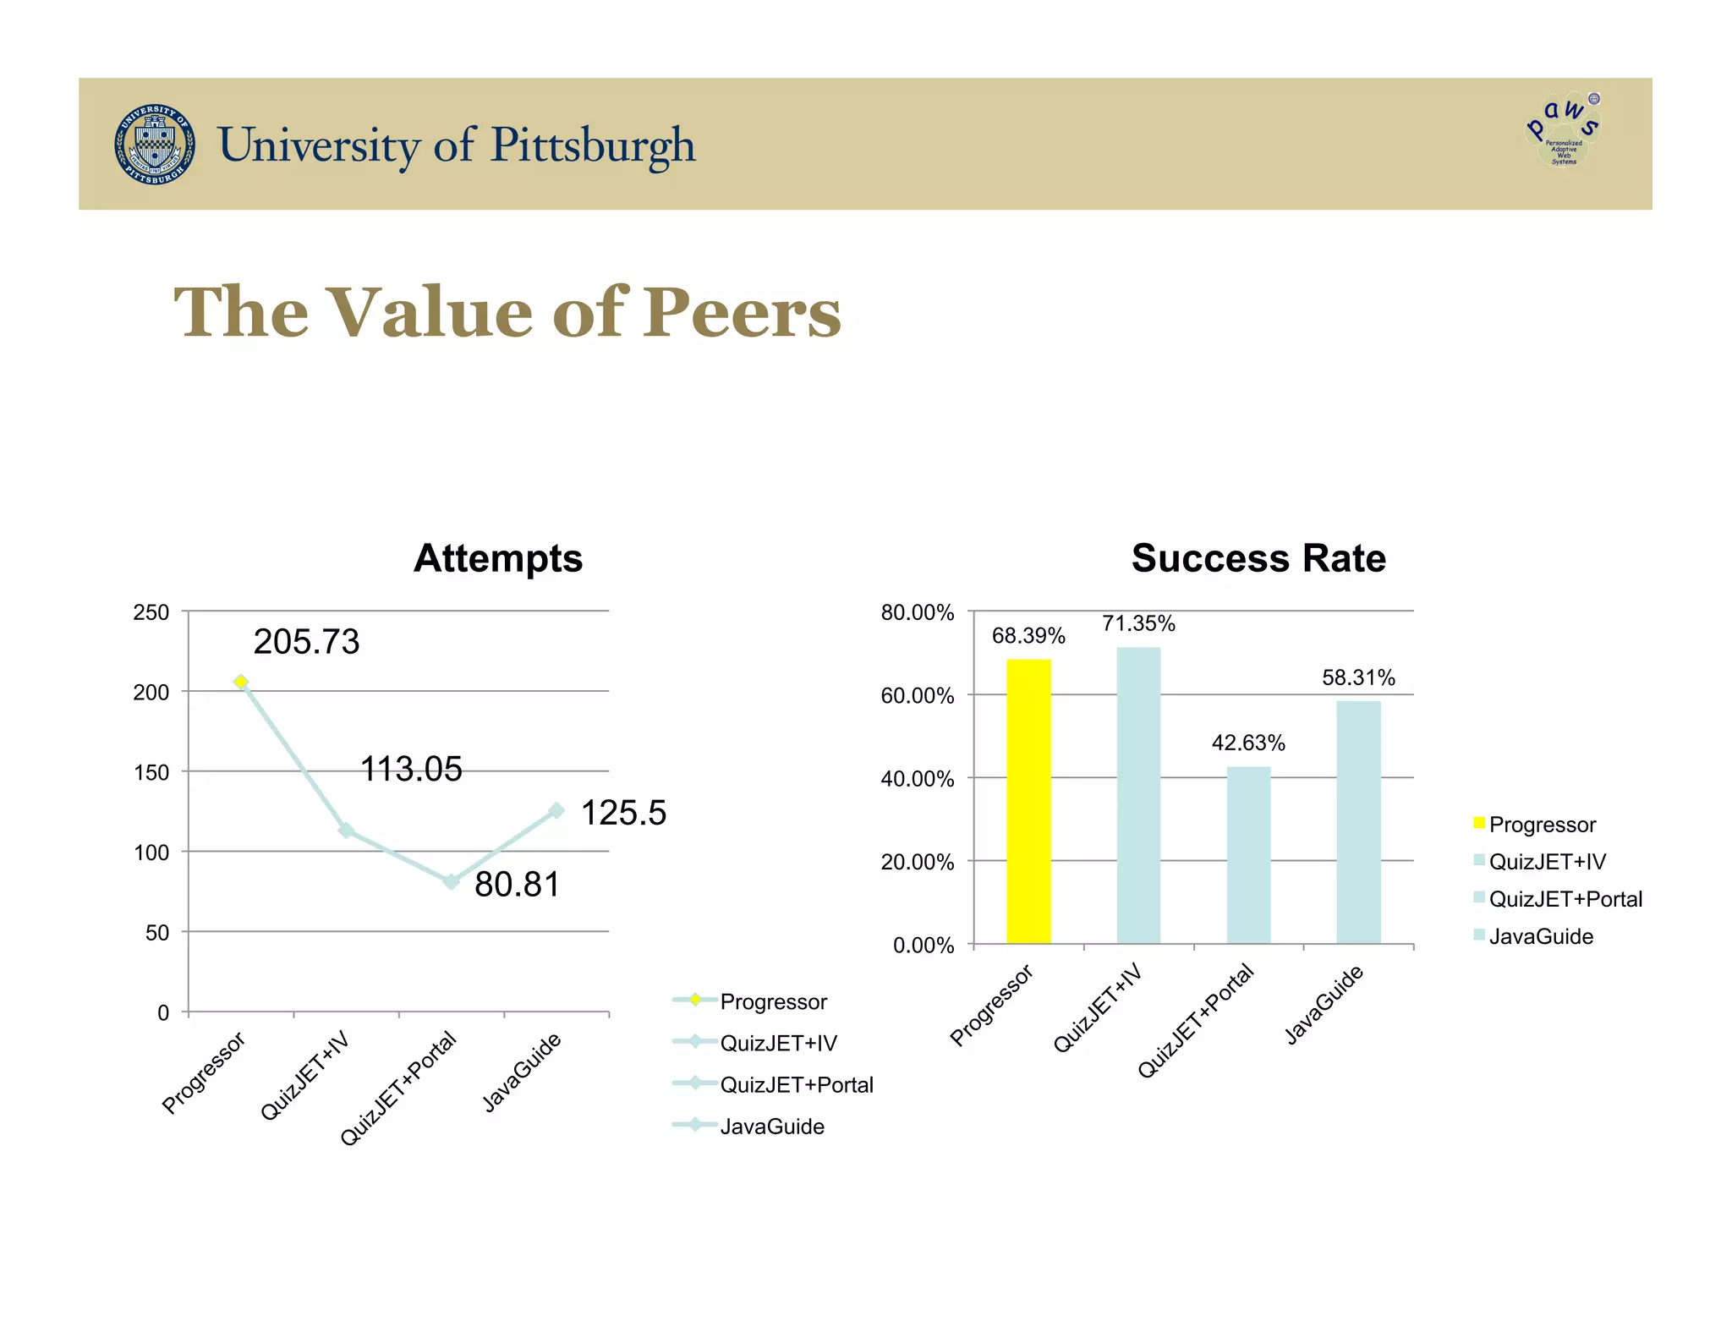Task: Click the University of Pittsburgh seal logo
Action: pos(155,145)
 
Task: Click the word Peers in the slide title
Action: pos(741,313)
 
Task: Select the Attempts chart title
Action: pos(497,558)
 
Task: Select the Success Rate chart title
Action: pos(1258,558)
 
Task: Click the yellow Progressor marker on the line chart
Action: pos(241,682)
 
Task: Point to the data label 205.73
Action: pos(306,641)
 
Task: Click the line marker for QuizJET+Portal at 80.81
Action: pos(452,881)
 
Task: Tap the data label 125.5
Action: pos(623,813)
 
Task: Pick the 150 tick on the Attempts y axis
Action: pos(151,772)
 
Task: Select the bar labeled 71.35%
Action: pos(1138,795)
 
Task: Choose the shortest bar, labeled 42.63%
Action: pos(1248,854)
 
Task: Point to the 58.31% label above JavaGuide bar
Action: pos(1358,677)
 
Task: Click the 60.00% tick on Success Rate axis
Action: pos(918,696)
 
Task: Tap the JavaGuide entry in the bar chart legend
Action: pos(1540,936)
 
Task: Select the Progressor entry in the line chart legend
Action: pos(772,1001)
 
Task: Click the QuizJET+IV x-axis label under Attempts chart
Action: pos(305,1075)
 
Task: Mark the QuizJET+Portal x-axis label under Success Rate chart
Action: pos(1195,1021)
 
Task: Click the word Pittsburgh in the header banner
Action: pos(593,145)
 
